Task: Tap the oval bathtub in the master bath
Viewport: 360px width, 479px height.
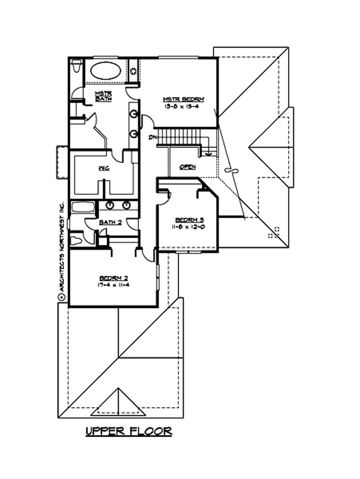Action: pyautogui.click(x=106, y=71)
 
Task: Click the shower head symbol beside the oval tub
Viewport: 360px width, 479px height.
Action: pyautogui.click(x=134, y=71)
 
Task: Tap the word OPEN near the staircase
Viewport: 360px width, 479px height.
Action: pyautogui.click(x=187, y=167)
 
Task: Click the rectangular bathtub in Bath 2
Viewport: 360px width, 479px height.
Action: pyautogui.click(x=82, y=209)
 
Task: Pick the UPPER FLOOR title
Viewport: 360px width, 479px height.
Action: pyautogui.click(x=129, y=431)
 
